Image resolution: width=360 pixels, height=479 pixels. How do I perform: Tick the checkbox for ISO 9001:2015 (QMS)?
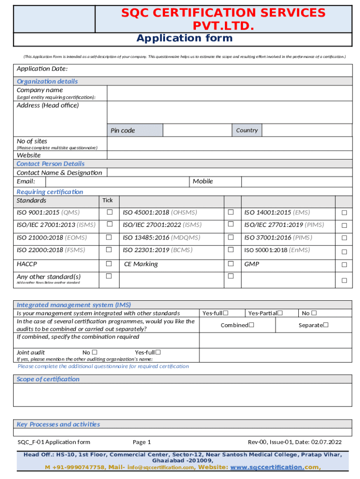point(109,212)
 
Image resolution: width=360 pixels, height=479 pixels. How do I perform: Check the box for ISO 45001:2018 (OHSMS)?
point(230,212)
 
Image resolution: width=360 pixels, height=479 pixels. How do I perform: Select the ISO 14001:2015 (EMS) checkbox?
point(344,213)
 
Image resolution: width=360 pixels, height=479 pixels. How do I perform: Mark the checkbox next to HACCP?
point(109,264)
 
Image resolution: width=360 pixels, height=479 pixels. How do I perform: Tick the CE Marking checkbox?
point(230,264)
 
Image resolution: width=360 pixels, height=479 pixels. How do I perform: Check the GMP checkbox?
point(344,264)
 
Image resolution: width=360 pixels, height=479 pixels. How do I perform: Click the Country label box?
point(247,130)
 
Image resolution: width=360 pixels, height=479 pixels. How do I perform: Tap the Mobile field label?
point(202,181)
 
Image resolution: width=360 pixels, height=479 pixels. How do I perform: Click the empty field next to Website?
point(229,155)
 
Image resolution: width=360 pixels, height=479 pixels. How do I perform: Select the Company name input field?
point(229,93)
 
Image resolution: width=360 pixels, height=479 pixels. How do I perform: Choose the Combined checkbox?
point(252,325)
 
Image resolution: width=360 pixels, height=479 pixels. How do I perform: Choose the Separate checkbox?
point(326,325)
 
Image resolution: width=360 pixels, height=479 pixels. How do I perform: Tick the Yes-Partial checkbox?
point(281,313)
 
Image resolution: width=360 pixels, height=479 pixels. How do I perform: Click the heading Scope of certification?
point(48,379)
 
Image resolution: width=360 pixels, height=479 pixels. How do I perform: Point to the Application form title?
point(184,38)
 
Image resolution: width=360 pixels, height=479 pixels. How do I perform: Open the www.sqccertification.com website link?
point(266,467)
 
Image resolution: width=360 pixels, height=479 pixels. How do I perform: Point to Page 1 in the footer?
point(142,442)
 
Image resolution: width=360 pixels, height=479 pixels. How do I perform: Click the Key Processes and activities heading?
point(58,424)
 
